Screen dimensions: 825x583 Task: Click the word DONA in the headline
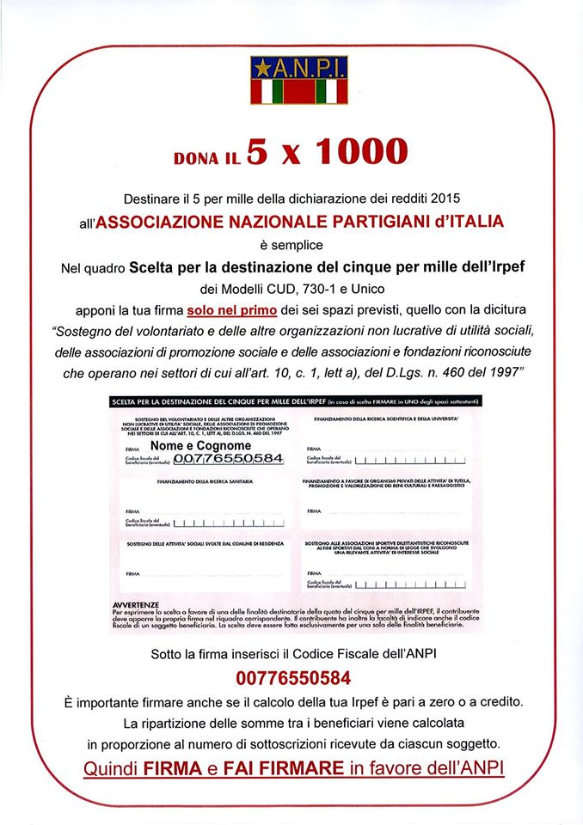click(195, 158)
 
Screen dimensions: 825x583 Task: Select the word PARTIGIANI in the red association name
click(390, 222)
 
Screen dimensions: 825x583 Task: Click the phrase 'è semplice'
click(291, 245)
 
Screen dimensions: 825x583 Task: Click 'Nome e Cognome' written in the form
click(200, 446)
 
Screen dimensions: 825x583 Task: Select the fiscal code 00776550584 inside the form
click(228, 459)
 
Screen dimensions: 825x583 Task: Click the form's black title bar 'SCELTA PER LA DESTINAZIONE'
click(215, 401)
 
